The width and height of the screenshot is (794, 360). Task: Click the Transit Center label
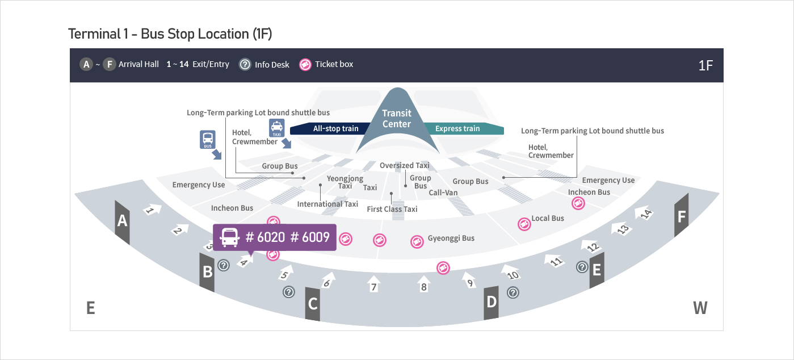[397, 119]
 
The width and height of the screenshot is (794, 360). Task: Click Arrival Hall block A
[122, 221]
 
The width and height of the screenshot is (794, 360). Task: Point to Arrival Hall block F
[682, 216]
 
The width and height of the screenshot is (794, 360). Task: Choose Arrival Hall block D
[491, 301]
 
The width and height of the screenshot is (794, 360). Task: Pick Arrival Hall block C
[313, 304]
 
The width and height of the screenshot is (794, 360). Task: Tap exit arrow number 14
[645, 215]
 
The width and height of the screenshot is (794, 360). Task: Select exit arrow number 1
[152, 210]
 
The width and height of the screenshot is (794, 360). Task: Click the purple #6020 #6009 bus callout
[275, 237]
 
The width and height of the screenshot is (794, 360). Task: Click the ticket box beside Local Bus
[524, 224]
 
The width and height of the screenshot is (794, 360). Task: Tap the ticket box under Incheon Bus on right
[578, 204]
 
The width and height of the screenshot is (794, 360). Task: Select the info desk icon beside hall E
[582, 266]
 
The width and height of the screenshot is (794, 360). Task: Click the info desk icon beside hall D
[512, 292]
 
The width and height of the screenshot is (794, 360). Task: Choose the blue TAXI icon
[276, 128]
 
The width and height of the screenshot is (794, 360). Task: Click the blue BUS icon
[208, 139]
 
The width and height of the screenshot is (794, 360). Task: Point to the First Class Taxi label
[392, 209]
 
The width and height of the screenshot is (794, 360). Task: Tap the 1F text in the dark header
[705, 65]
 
